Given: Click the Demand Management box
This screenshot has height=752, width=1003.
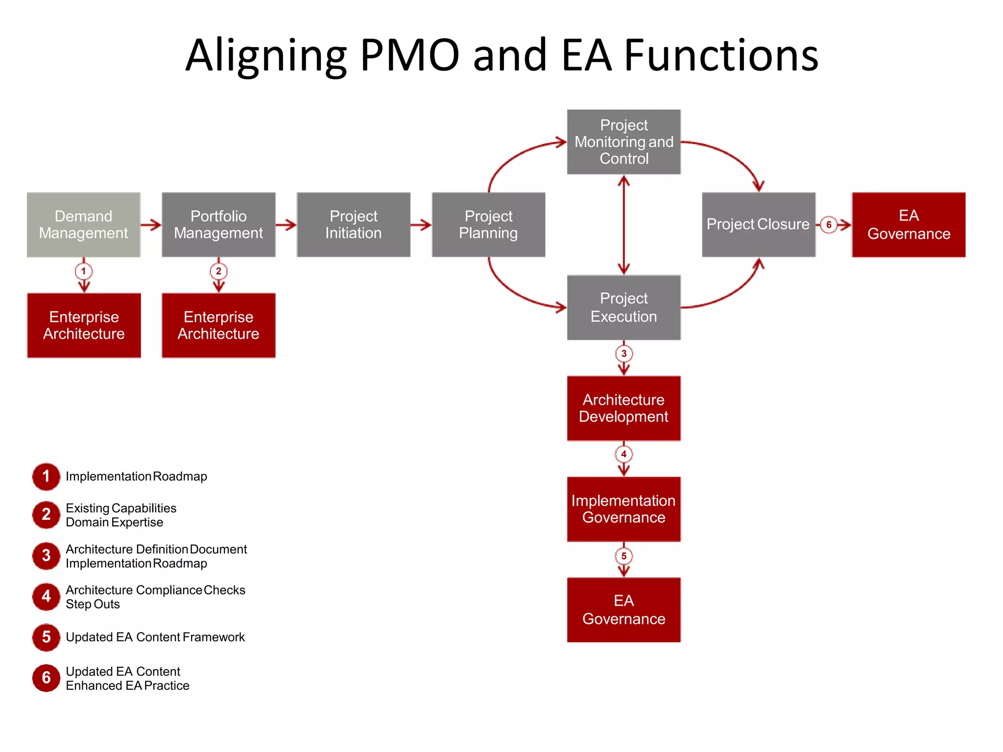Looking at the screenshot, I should coord(84,225).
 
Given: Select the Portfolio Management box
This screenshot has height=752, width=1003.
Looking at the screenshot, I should coord(218,225).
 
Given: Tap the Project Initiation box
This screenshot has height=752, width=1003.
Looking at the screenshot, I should coord(353,225).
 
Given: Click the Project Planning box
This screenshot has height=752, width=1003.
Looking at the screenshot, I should coord(488,225).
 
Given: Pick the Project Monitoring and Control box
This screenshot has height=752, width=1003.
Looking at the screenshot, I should coord(623,142).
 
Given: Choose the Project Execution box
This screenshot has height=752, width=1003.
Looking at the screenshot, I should coord(623,307).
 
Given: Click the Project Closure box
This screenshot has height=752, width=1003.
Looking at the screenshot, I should coord(758,225).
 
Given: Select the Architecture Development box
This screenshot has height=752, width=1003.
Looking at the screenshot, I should coord(623,408).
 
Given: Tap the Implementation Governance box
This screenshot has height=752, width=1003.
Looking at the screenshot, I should coord(623,509).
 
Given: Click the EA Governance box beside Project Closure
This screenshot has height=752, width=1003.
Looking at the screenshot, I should coord(908,225).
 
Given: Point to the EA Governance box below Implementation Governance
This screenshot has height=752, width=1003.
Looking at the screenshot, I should coord(623,610).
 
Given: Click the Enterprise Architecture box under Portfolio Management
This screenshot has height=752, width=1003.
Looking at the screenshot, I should coord(218,326).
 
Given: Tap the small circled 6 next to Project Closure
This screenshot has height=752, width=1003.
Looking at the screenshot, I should coord(829,225).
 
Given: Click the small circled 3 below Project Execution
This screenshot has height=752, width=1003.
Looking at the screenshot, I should coord(623,353).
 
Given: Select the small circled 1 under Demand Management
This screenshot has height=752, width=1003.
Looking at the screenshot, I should coord(84,271).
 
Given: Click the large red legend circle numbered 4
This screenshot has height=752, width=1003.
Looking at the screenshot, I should coord(46,596).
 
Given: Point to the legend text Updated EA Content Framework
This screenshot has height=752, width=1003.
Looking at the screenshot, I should coord(155,637).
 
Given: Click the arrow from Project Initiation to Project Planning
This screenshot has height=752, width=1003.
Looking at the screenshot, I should coord(421,225).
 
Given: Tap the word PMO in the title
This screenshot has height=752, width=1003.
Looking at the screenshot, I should coord(410,55).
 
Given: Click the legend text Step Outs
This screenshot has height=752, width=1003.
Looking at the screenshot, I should coord(93,604).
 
